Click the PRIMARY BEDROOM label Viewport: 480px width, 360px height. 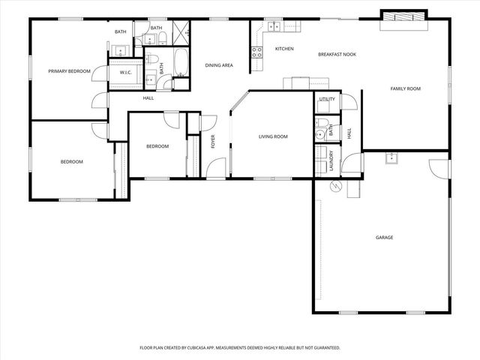coord(69,71)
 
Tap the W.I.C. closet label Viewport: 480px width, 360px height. coord(126,72)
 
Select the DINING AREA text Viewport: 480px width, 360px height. coord(219,65)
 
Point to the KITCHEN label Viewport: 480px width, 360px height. coord(283,49)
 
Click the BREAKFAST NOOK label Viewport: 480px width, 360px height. coord(337,54)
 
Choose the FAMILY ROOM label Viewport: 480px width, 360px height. coord(405,88)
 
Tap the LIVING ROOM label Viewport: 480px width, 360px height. coord(273,136)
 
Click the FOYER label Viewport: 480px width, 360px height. coord(213,141)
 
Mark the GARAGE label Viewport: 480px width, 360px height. coord(384,238)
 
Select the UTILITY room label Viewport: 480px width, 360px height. coord(326,99)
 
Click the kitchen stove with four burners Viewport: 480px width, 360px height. coord(257,52)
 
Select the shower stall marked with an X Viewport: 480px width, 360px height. coord(181,31)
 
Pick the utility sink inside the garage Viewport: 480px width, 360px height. coord(391,157)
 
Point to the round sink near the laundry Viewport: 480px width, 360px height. coord(319,135)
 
